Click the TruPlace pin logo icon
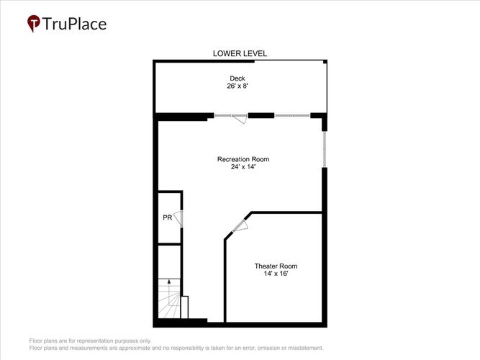click(34, 23)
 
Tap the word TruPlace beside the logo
click(74, 24)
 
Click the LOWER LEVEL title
click(240, 53)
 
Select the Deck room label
click(237, 78)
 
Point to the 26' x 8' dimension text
click(237, 86)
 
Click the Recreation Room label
click(243, 159)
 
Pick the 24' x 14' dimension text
click(243, 167)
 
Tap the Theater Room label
click(276, 266)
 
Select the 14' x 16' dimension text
click(276, 274)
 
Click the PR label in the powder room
click(168, 217)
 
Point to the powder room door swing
click(178, 218)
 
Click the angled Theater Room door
click(240, 226)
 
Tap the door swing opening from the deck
click(240, 119)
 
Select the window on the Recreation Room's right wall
click(325, 149)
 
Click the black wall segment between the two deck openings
click(261, 115)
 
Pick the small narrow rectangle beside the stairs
click(184, 307)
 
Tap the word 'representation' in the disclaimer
click(94, 341)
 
